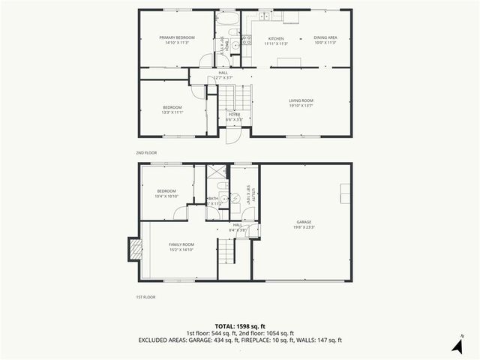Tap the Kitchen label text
tap(276, 38)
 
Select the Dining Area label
tap(325, 38)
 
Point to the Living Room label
tap(301, 100)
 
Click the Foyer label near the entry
tap(234, 114)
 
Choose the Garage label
tap(304, 222)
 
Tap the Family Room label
tap(181, 244)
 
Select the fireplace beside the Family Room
tap(134, 250)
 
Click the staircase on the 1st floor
tap(226, 251)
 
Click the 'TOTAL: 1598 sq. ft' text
tap(240, 326)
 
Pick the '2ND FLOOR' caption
tap(147, 152)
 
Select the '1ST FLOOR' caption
tap(146, 298)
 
